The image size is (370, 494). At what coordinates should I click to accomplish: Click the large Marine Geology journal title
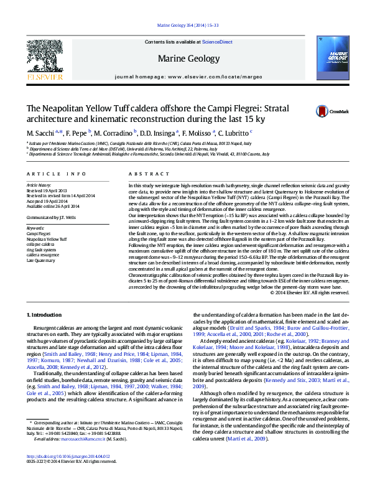tap(185, 60)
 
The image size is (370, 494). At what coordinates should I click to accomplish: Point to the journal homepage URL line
tap(185, 75)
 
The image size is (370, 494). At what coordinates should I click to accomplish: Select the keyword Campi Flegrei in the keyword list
tap(38, 233)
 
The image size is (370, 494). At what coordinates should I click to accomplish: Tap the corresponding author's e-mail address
tap(83, 457)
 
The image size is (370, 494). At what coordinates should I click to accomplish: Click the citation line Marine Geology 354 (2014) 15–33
tap(185, 26)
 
